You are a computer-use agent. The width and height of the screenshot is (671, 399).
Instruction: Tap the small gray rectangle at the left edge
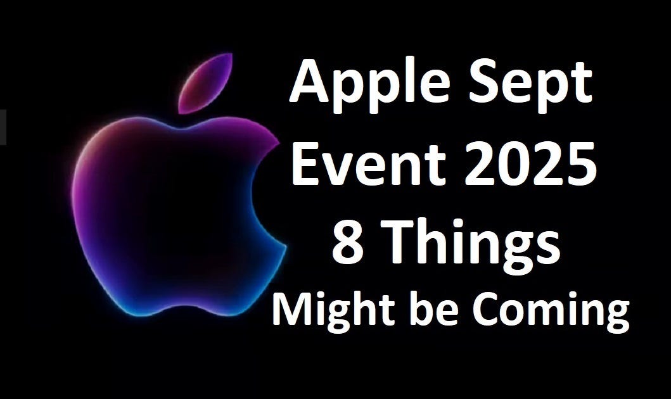tap(3, 127)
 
